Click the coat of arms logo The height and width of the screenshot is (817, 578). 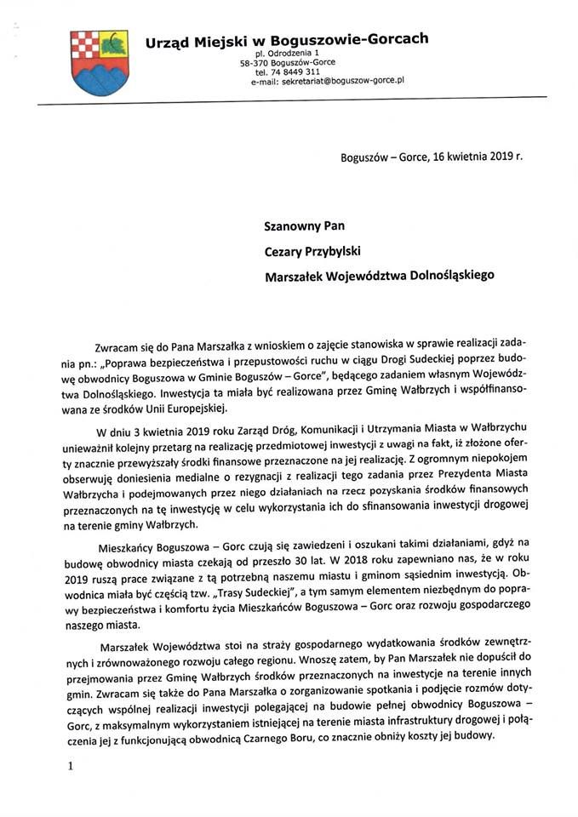pos(99,57)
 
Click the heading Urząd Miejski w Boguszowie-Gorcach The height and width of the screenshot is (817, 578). pos(286,39)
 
